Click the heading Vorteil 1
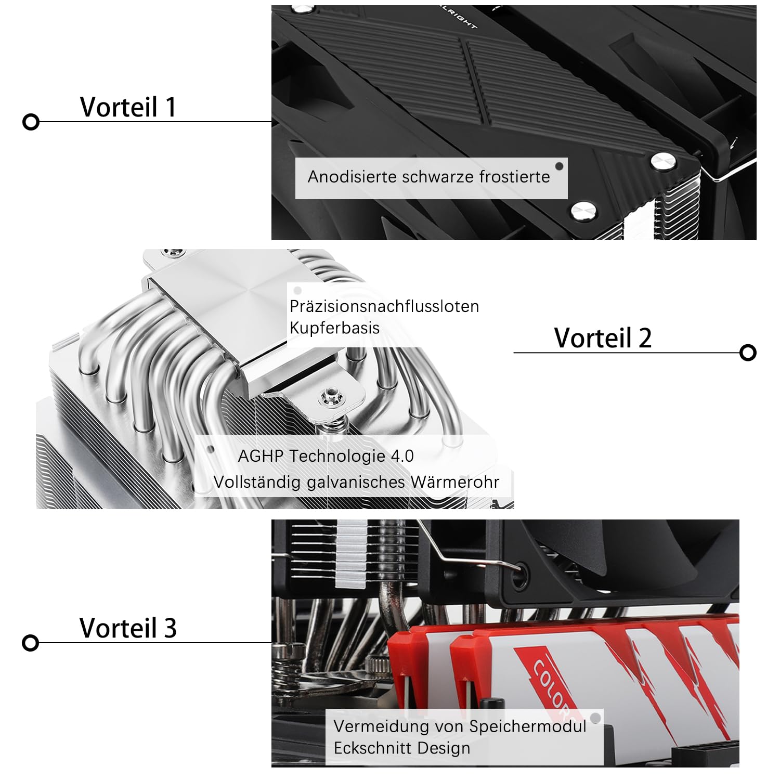click(128, 107)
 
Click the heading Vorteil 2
click(603, 338)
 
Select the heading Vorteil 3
click(128, 628)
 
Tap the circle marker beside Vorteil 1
click(31, 122)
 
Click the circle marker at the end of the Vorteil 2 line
click(748, 353)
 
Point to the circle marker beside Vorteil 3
click(31, 643)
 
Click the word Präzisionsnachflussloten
click(384, 306)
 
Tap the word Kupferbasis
click(334, 328)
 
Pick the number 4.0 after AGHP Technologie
click(402, 456)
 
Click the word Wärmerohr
click(455, 482)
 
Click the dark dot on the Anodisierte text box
click(560, 166)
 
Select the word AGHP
click(261, 456)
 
